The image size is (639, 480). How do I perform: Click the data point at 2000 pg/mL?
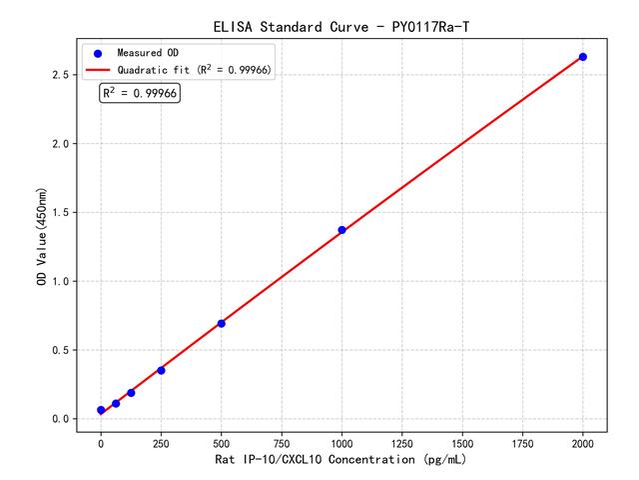583,57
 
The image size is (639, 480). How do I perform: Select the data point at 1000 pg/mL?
341,230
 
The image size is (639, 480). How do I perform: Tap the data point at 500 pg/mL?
221,323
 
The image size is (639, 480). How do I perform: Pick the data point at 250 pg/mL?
161,370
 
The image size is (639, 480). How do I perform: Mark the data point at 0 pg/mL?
101,410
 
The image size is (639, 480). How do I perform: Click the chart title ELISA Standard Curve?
341,26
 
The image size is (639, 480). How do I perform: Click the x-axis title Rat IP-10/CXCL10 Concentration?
341,460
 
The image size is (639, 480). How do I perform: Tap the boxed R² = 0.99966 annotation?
139,93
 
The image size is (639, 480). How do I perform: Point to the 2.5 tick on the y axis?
60,75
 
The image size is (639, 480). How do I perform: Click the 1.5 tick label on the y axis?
60,213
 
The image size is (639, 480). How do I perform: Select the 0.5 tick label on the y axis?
60,350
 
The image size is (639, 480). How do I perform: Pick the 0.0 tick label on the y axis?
60,419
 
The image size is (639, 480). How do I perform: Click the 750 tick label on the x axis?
282,441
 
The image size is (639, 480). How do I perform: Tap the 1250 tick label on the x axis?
402,441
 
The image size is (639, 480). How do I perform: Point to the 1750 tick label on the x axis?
523,441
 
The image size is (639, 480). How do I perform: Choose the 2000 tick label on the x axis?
583,441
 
